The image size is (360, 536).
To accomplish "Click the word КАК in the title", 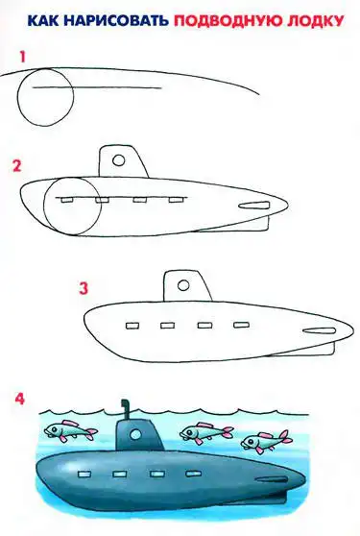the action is [42, 21].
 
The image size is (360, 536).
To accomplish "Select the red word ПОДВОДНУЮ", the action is [228, 21].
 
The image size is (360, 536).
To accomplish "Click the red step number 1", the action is [22, 57].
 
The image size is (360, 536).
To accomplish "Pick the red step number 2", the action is [16, 166].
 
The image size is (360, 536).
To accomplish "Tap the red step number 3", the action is [84, 288].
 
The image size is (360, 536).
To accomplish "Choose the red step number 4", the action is [20, 399].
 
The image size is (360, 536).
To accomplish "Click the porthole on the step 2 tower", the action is [118, 160].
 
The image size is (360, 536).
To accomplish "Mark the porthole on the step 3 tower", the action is [183, 285].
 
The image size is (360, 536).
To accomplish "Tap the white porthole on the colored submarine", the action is [135, 434].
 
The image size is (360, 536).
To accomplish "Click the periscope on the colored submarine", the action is [125, 409].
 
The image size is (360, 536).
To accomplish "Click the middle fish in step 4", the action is [206, 433].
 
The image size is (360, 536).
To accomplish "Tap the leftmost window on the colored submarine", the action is [84, 475].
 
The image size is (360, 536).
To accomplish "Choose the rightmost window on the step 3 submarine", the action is [242, 325].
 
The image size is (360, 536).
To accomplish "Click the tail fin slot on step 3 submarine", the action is [320, 330].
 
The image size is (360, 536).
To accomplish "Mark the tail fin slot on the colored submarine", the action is [271, 480].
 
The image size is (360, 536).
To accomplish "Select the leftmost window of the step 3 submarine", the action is [132, 326].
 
